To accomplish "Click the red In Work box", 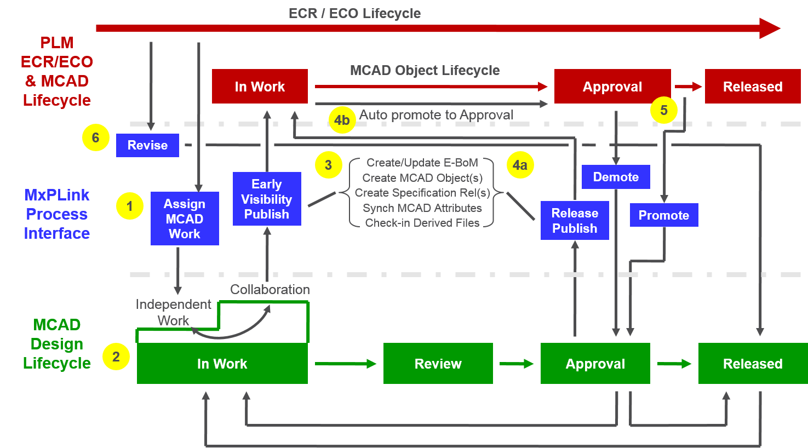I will [x=260, y=87].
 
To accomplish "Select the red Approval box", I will [x=612, y=87].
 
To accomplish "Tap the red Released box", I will [x=752, y=87].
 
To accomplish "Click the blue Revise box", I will [x=147, y=145].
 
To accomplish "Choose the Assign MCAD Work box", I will [x=185, y=219].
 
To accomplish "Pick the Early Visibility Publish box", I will [x=267, y=199].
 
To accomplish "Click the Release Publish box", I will [x=575, y=221].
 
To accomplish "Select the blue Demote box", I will [x=616, y=177].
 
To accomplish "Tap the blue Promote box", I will [x=663, y=215].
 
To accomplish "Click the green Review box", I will [x=438, y=364].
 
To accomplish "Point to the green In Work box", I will [x=222, y=364].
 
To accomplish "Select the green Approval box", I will [x=595, y=364].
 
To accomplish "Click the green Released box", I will [x=752, y=364].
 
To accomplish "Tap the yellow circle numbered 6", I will [x=96, y=137].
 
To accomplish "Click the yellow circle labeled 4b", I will [x=342, y=120].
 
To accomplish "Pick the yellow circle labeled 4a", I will [x=520, y=165].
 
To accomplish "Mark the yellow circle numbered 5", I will [x=663, y=110].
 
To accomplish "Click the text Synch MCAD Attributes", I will [x=422, y=208].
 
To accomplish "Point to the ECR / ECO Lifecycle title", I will [x=354, y=14].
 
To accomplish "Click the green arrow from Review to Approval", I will [x=516, y=364].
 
